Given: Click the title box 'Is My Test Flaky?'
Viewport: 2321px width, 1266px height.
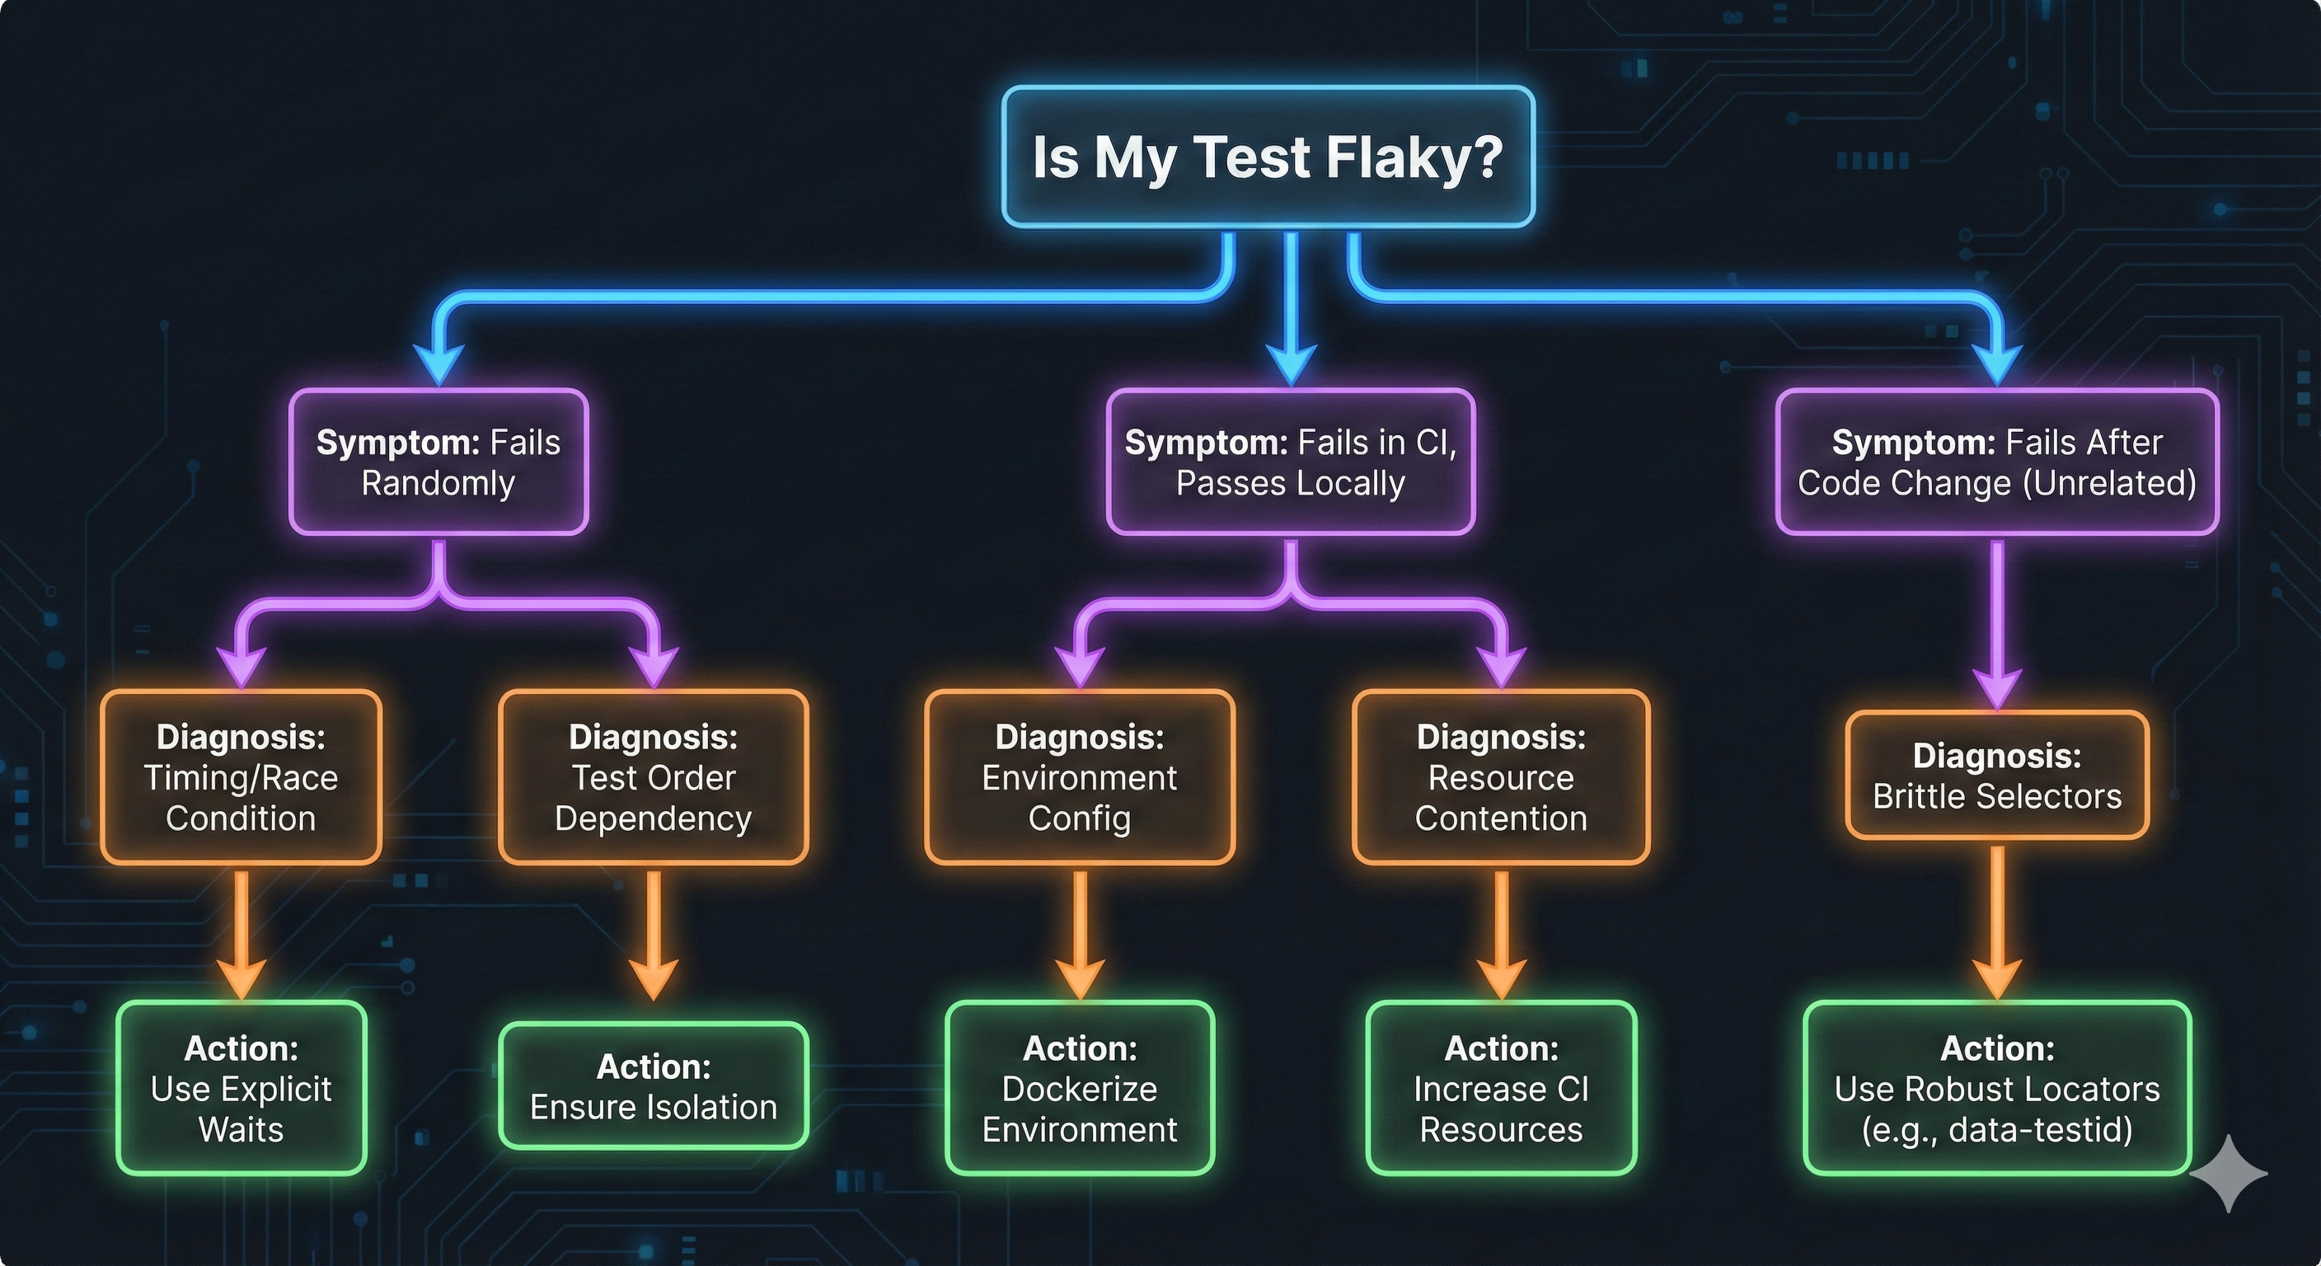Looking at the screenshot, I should pos(1268,157).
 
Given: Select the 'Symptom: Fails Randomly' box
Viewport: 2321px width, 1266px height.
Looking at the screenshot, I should pos(438,462).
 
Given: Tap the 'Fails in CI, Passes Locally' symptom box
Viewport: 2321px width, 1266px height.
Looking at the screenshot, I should pos(1290,462).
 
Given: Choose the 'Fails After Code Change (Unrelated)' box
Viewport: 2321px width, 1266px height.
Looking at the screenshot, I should pos(1996,462).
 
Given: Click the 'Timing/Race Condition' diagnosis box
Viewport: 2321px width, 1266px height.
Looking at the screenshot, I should pos(241,776).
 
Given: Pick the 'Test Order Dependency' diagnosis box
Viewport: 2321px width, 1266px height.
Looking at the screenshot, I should pos(654,776).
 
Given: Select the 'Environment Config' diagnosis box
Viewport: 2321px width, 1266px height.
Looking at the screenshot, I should pos(1080,776).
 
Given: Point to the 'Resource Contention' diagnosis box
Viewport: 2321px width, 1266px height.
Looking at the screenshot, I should pos(1501,776).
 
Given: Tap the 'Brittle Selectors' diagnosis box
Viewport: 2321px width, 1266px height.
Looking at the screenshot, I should pos(1996,776).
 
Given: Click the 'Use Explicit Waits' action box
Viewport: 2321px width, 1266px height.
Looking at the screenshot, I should pos(241,1088).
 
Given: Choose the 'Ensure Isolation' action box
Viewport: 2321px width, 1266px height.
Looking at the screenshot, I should pos(654,1085).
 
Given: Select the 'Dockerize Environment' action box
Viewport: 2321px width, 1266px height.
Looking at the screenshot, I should pos(1080,1088).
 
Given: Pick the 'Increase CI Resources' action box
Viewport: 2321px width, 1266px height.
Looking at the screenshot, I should pos(1501,1088).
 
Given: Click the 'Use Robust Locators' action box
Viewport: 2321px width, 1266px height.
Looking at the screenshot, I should pos(1996,1088).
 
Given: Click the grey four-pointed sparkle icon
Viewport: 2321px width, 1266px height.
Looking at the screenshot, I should pos(2228,1172).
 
